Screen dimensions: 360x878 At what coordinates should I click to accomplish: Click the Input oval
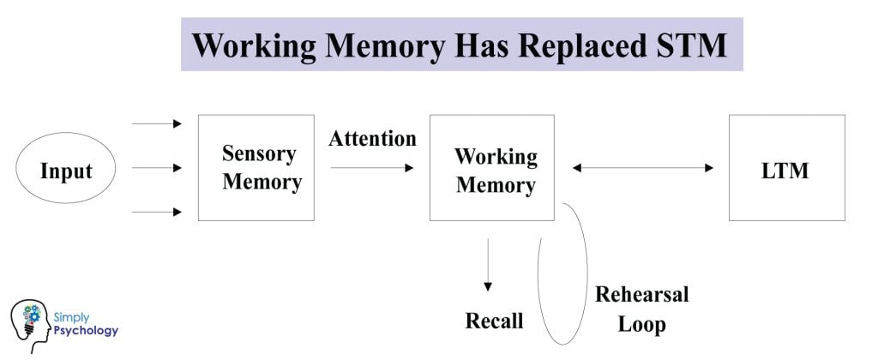click(x=66, y=171)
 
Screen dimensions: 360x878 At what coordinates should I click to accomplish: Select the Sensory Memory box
click(x=256, y=168)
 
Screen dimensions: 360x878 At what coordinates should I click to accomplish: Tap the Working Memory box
click(x=491, y=168)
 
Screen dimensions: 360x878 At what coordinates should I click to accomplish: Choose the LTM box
click(x=786, y=168)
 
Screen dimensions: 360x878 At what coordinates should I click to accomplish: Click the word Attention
click(x=372, y=138)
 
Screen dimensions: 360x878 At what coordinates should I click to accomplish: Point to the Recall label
click(x=494, y=321)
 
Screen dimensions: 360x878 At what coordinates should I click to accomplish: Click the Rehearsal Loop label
click(x=641, y=309)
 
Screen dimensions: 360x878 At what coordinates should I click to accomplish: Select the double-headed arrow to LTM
click(x=642, y=168)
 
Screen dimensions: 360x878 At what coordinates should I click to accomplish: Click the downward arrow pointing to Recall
click(x=488, y=266)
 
